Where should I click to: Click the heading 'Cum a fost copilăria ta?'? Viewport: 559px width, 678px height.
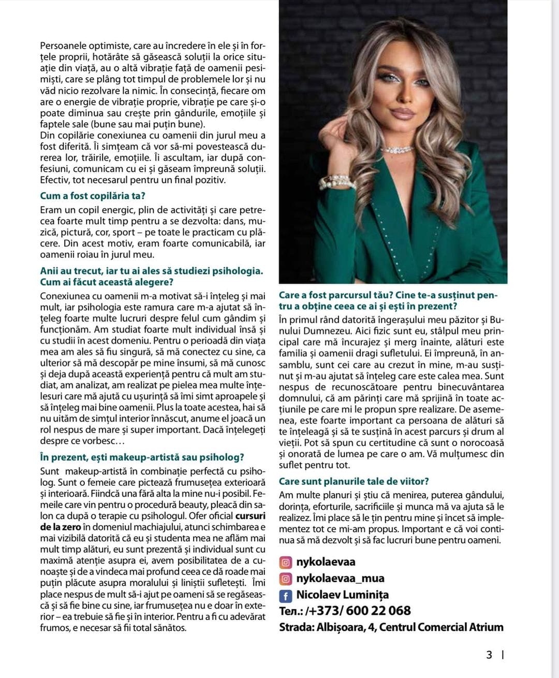93,196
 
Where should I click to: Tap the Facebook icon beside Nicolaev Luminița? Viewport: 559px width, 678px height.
285,596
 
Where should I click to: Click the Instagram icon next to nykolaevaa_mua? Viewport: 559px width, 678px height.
285,579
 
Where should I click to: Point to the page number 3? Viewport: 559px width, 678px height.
489,655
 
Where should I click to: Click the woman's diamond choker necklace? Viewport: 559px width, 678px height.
398,150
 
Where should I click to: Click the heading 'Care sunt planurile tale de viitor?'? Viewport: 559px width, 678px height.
354,481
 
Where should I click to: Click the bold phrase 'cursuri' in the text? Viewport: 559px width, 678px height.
250,516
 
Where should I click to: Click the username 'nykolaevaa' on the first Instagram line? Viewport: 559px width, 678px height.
326,562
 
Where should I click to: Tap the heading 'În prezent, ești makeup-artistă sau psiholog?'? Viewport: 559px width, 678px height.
142,457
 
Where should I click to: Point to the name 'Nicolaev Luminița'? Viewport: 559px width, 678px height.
342,595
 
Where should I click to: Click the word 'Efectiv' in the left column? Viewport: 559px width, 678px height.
54,180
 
